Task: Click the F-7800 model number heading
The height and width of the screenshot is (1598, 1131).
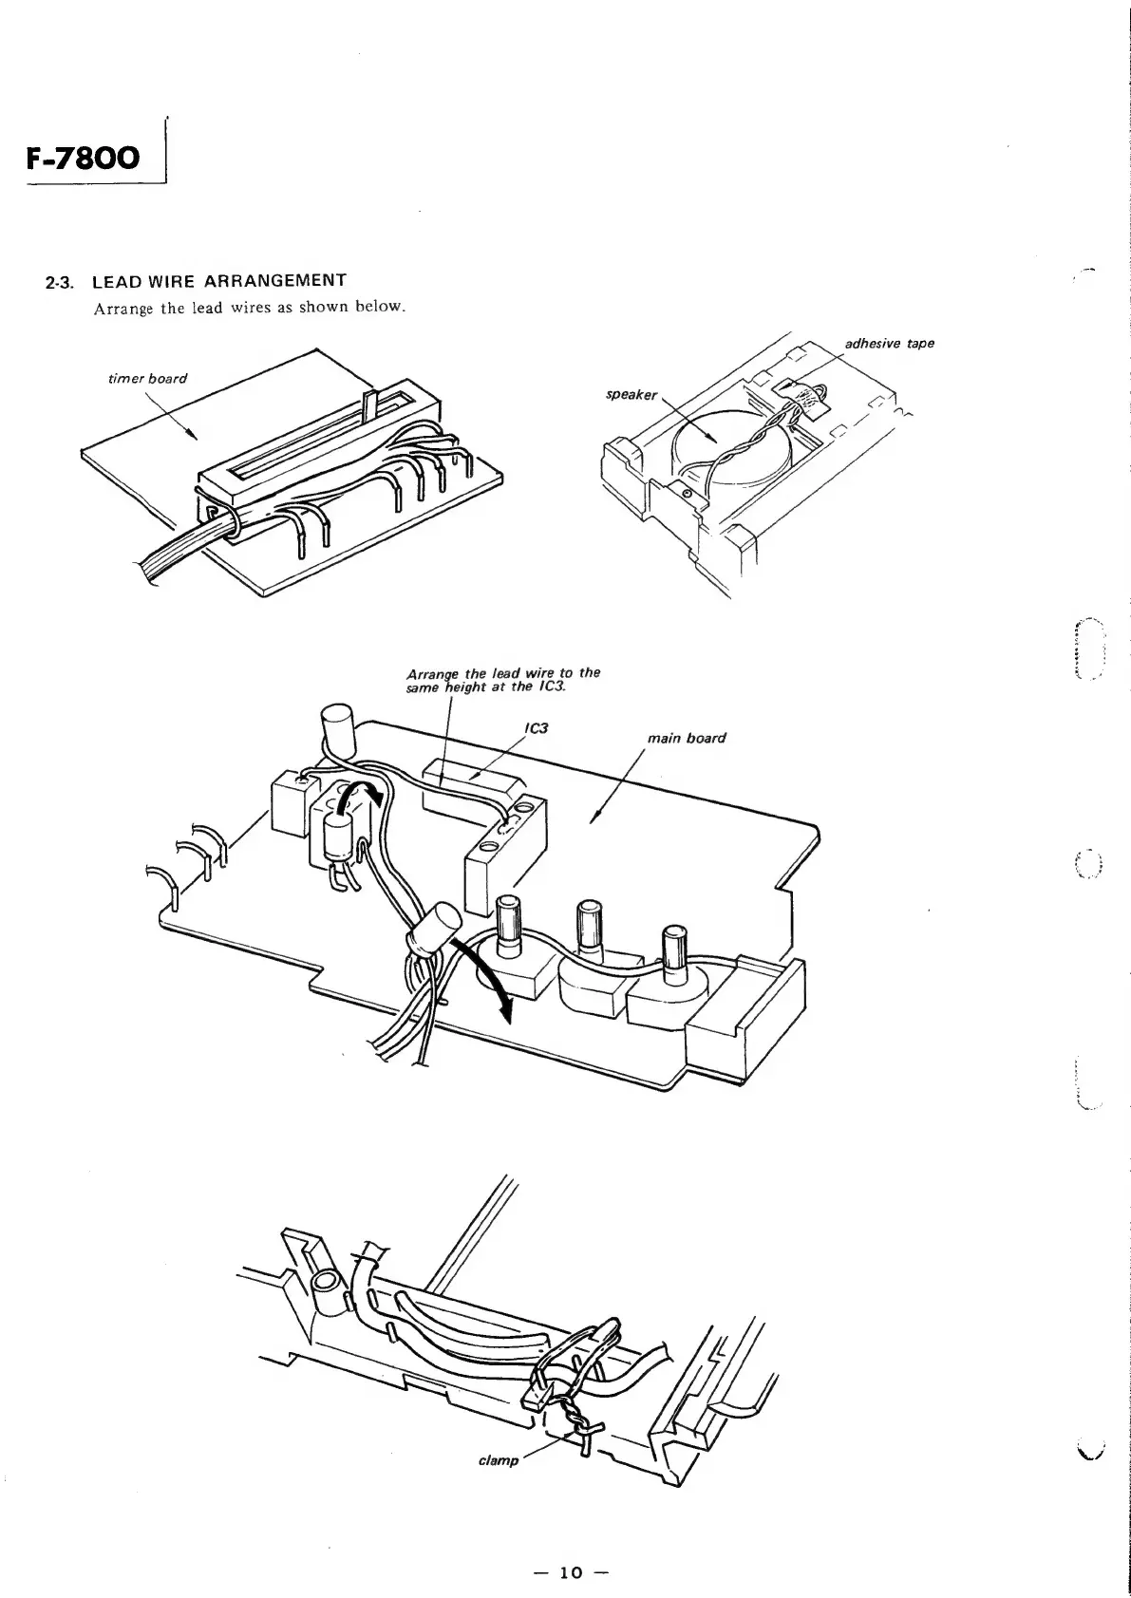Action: coord(83,156)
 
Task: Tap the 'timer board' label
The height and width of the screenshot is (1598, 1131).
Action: coord(149,378)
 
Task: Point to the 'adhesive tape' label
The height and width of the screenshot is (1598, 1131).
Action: coord(889,343)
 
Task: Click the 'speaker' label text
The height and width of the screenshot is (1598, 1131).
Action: coord(631,394)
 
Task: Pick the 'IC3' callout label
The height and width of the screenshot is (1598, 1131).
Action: coord(537,729)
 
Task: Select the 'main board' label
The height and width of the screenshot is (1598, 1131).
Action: coord(686,738)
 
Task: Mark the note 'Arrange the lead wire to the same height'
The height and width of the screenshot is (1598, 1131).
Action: coord(502,680)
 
